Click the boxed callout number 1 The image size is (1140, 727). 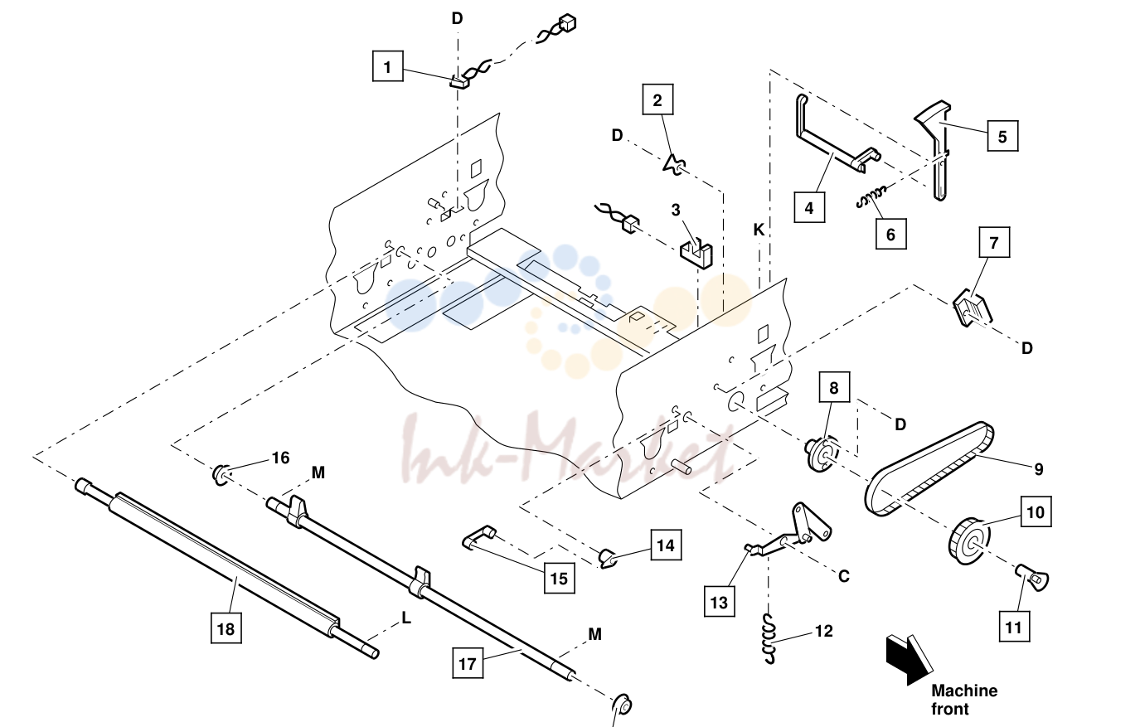coord(388,66)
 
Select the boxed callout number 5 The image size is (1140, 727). coord(1002,136)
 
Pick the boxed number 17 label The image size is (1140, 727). coord(468,663)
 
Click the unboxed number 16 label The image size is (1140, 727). coord(281,458)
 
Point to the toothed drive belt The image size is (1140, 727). coord(929,468)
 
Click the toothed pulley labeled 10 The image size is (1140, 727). coord(969,541)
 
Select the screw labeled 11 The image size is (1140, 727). coord(1032,578)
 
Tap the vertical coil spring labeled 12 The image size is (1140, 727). coord(772,638)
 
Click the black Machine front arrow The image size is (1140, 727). coord(910,659)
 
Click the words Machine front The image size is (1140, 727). coord(964,700)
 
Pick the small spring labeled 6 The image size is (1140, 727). coord(871,197)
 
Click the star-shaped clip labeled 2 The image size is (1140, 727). coord(674,164)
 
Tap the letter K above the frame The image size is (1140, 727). coord(759,230)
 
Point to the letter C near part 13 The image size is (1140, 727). coord(844,576)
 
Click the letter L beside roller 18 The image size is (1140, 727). coord(406,618)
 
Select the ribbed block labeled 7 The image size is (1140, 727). coord(972,308)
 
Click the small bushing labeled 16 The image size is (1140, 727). coord(220,475)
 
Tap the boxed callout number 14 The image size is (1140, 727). coord(667,545)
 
